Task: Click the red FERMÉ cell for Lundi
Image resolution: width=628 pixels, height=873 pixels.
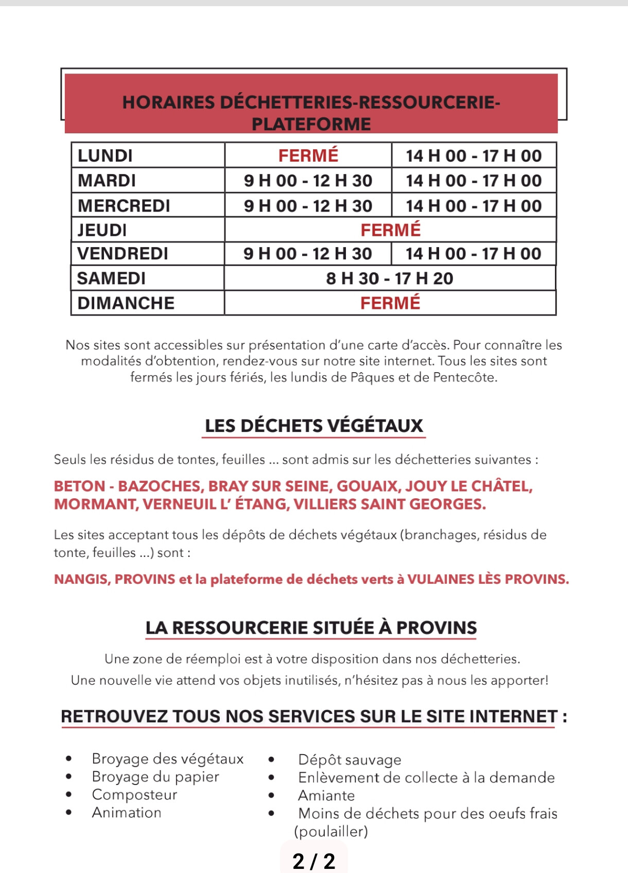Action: click(308, 155)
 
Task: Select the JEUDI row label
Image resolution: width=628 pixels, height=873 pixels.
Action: click(102, 230)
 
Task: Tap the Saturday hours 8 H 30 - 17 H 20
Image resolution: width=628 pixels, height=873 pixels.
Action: click(390, 278)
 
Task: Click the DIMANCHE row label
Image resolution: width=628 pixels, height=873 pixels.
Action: click(126, 303)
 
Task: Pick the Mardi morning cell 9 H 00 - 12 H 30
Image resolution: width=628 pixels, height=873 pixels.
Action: click(308, 181)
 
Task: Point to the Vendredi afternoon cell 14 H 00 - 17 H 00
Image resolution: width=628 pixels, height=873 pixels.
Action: click(474, 254)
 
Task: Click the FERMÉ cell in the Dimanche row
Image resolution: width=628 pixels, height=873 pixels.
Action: click(390, 303)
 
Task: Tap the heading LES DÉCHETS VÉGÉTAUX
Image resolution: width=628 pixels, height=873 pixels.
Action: click(313, 426)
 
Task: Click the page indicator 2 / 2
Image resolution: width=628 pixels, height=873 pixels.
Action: click(313, 861)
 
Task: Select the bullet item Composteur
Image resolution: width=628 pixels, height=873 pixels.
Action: click(134, 795)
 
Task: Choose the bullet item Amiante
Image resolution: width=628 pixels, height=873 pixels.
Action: click(326, 796)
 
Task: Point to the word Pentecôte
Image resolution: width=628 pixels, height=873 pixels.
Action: click(465, 377)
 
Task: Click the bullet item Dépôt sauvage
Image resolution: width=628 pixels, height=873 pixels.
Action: click(350, 760)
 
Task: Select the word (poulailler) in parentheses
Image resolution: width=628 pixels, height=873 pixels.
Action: click(331, 831)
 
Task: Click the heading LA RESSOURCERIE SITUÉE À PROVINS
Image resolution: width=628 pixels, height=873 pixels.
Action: click(311, 628)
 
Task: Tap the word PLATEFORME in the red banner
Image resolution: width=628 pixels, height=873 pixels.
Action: click(311, 124)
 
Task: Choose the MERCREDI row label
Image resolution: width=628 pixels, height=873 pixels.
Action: click(124, 206)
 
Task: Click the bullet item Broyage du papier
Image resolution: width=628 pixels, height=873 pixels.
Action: click(155, 777)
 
